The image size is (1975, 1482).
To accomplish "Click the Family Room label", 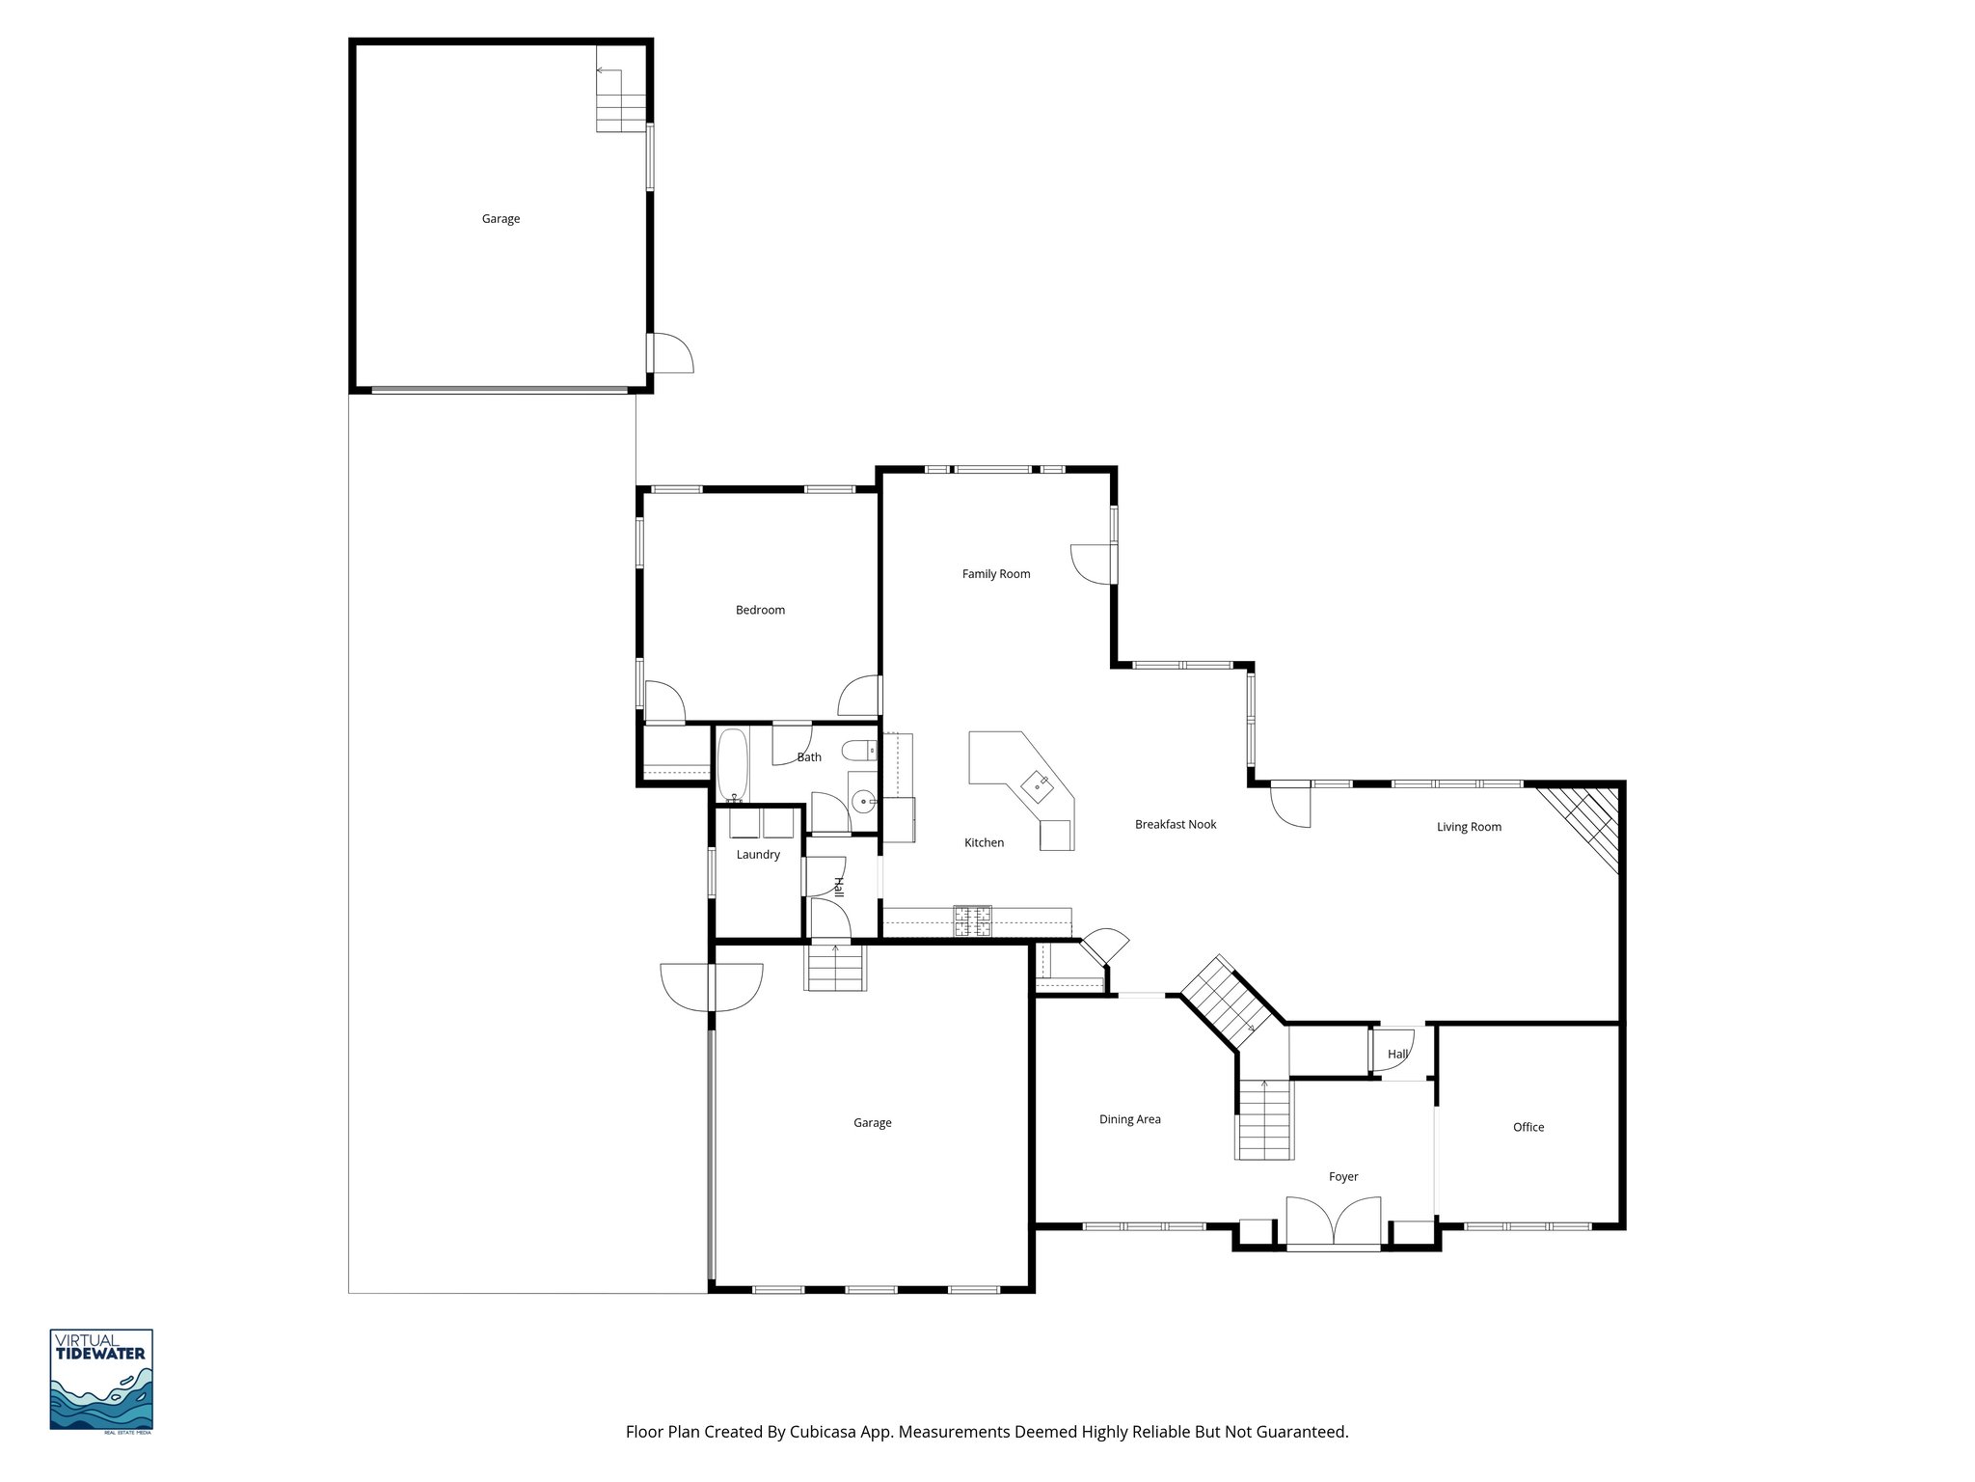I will click(995, 574).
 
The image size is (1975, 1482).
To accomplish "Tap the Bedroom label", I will click(760, 610).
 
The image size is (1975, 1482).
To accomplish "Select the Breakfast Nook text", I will click(1175, 824).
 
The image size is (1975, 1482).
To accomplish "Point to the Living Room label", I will click(1468, 827).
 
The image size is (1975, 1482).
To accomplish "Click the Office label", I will click(1528, 1127).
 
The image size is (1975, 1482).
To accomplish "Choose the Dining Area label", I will click(1129, 1119).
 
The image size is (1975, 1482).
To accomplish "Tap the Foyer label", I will click(1342, 1176).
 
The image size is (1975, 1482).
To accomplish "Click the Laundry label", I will click(757, 854).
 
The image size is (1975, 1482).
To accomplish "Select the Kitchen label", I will click(984, 842).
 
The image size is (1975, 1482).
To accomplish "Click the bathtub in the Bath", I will click(732, 766).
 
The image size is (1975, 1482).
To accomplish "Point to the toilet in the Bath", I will click(858, 750).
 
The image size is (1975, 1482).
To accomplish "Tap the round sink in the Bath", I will click(865, 800).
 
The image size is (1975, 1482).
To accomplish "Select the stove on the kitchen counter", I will click(973, 920).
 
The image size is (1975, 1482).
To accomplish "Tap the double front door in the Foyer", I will click(1333, 1222).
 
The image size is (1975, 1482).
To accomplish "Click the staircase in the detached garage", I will click(619, 101).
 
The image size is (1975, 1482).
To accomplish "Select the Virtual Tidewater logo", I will click(101, 1380).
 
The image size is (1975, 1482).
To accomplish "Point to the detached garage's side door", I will click(669, 353).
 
